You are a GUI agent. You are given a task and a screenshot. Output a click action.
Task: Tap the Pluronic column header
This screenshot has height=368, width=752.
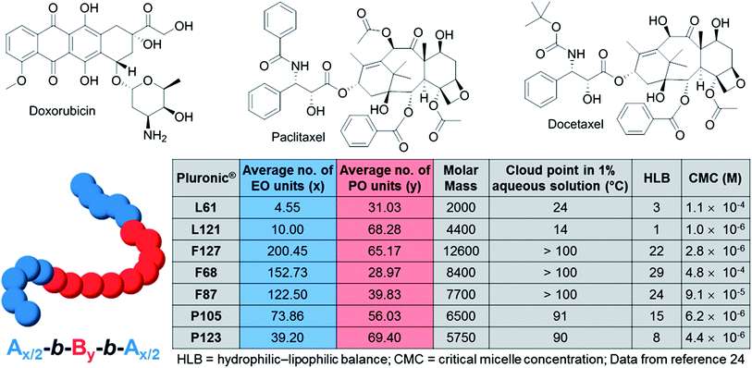[207, 176]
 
